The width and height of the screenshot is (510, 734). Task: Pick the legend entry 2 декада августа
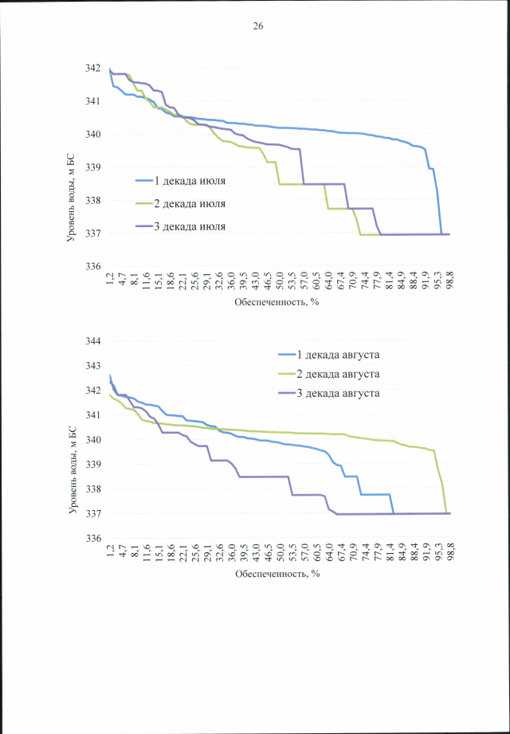click(x=339, y=373)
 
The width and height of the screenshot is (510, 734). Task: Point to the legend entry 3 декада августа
click(x=339, y=393)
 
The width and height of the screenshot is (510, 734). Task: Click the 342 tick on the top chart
click(x=93, y=69)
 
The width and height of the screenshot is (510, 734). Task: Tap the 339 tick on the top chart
click(x=93, y=167)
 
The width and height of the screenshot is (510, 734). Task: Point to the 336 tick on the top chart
click(x=93, y=267)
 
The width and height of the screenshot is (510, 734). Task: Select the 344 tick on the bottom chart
click(x=93, y=341)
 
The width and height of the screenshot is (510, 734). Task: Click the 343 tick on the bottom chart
click(x=93, y=366)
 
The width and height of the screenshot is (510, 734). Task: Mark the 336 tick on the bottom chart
click(x=93, y=538)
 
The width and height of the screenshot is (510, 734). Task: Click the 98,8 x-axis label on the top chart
click(x=449, y=281)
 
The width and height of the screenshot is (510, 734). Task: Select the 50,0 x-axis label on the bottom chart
click(x=280, y=552)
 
